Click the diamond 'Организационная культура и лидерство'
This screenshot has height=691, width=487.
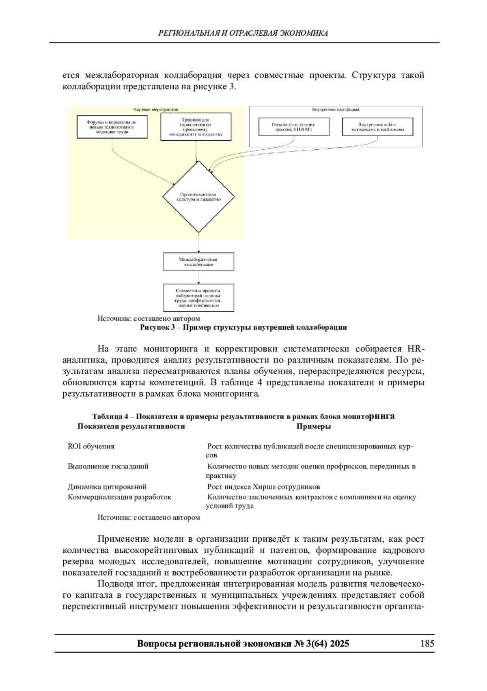[x=198, y=197]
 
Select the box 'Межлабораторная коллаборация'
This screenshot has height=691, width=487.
[x=198, y=262]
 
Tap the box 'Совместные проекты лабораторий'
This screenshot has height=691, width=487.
[x=198, y=298]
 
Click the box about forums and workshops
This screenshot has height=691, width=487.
[x=112, y=127]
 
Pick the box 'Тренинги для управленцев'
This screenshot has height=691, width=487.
[x=196, y=127]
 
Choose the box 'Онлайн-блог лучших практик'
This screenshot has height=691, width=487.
[x=293, y=127]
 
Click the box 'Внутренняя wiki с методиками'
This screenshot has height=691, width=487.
[x=377, y=127]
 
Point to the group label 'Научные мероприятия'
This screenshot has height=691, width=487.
[x=156, y=109]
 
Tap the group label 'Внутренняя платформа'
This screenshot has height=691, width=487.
[x=336, y=109]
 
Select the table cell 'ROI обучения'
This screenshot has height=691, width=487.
[x=91, y=446]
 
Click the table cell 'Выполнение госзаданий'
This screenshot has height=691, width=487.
[x=108, y=466]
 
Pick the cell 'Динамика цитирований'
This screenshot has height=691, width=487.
[x=107, y=487]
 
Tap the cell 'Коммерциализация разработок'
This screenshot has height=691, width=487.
[x=119, y=497]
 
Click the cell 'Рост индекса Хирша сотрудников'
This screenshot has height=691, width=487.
[x=263, y=487]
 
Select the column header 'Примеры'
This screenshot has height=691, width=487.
[x=313, y=427]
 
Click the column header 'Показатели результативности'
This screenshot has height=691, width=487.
[x=131, y=427]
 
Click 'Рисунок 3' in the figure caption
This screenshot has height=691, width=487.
[x=156, y=328]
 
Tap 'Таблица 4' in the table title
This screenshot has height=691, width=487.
[x=110, y=417]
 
